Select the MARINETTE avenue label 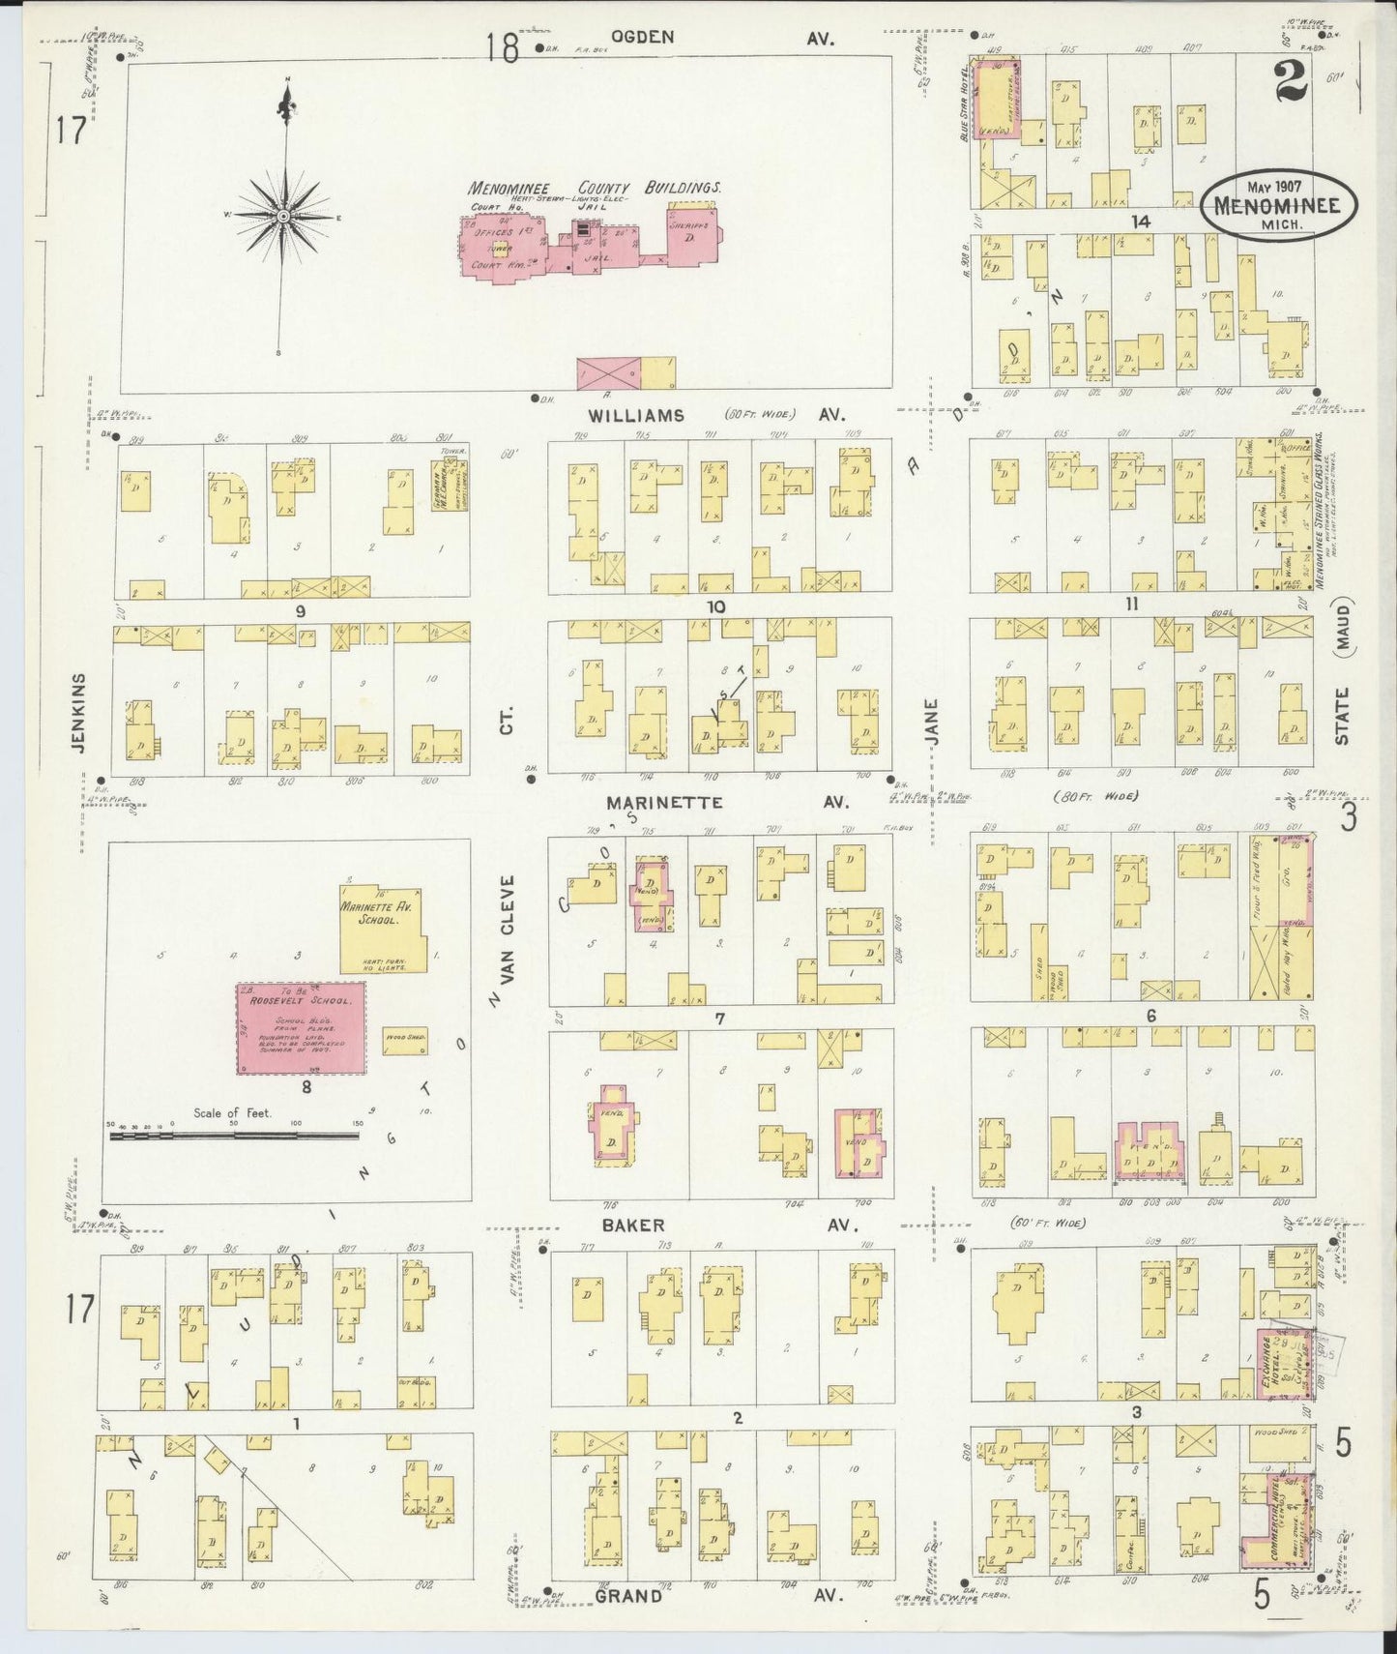(x=664, y=803)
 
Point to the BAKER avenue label (x=633, y=1225)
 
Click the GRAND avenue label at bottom (x=628, y=1595)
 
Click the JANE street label (x=932, y=722)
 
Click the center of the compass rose (x=283, y=216)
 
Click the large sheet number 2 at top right (x=1291, y=83)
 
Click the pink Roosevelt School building (x=301, y=1028)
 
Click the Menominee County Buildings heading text (x=595, y=189)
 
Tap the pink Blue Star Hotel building (x=995, y=100)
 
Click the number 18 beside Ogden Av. (x=503, y=46)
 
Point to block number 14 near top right (x=1141, y=222)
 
